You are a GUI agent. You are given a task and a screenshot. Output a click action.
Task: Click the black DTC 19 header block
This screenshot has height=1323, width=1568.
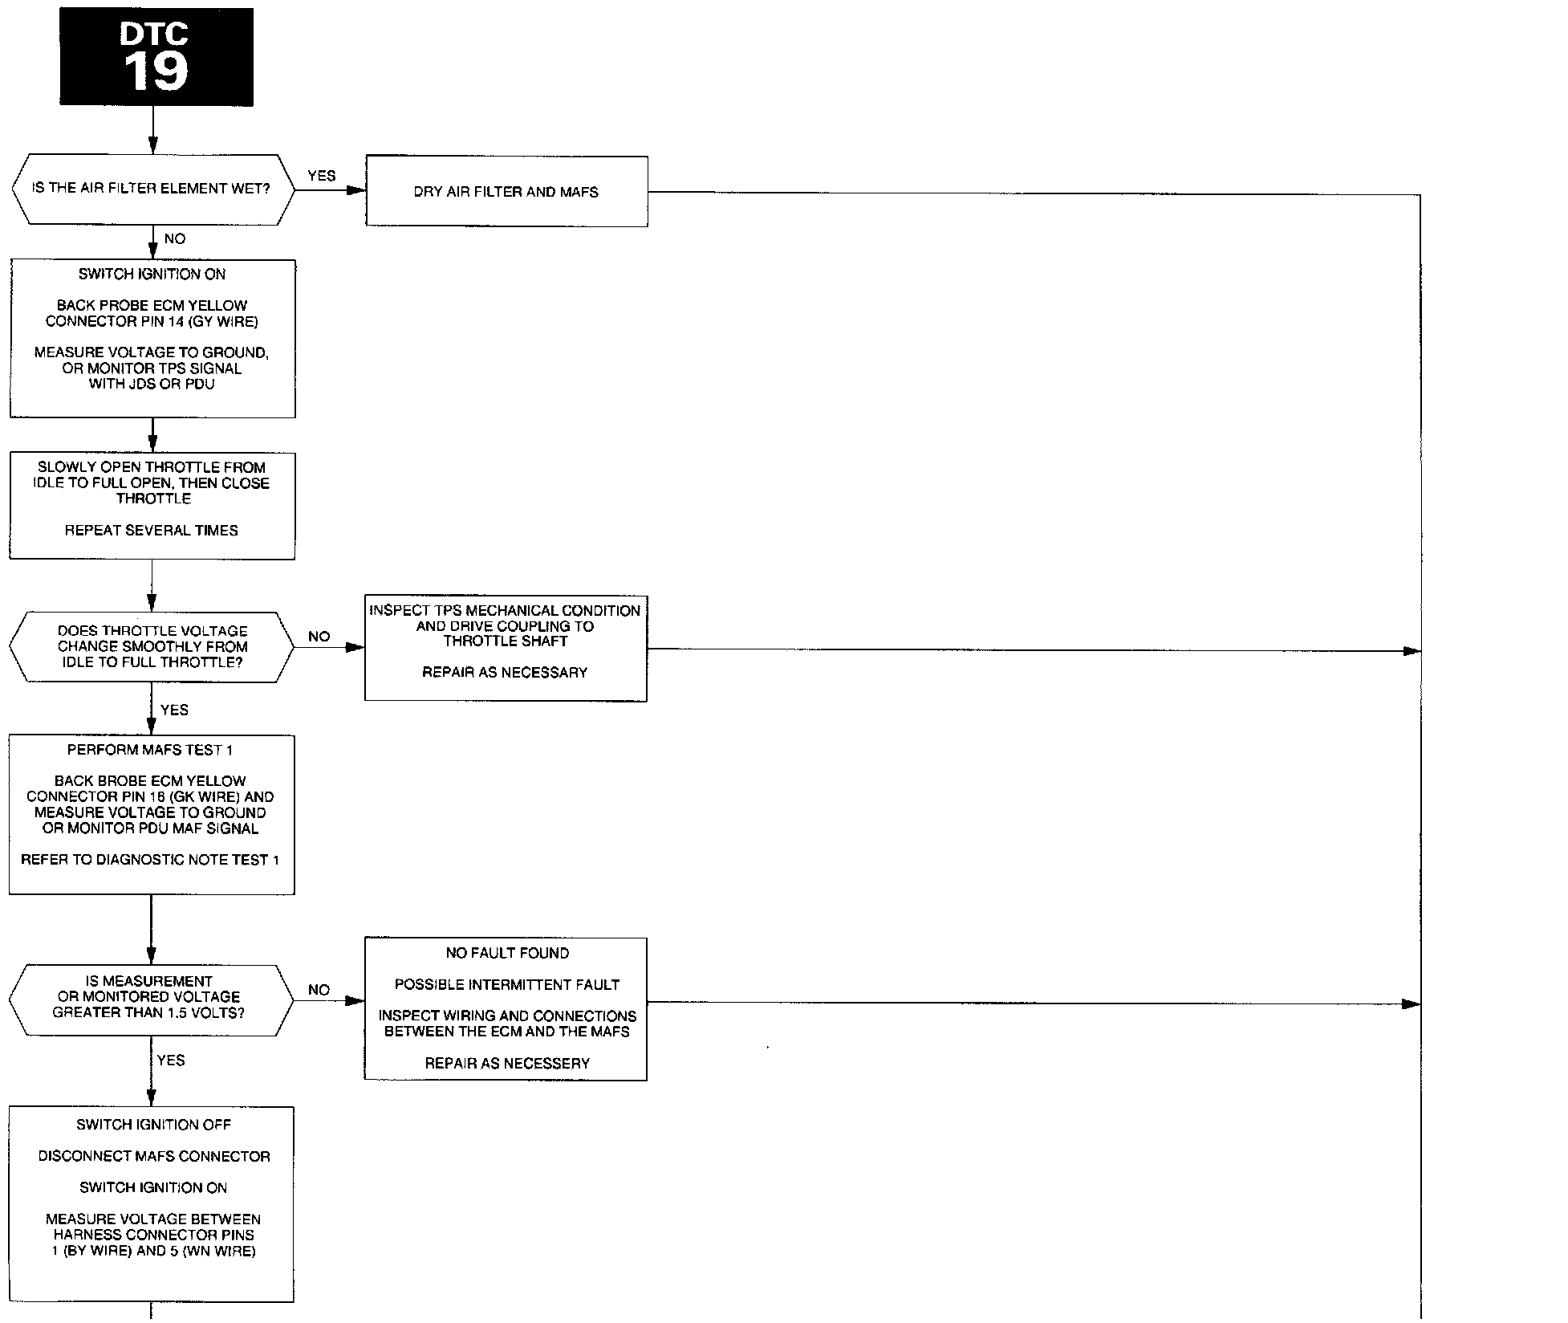[x=156, y=57]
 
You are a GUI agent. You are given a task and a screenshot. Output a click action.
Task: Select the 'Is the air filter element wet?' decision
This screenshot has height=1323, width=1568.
[x=152, y=189]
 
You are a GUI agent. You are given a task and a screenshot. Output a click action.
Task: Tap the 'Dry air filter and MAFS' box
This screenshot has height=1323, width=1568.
[x=506, y=192]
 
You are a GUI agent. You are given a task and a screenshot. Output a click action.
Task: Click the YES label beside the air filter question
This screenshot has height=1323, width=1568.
[x=321, y=176]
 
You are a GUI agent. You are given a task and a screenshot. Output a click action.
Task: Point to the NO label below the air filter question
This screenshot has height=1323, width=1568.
[x=174, y=238]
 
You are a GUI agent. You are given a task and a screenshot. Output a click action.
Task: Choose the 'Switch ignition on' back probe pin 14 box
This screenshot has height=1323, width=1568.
[x=152, y=338]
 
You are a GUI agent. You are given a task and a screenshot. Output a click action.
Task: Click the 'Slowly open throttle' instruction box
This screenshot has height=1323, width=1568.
[x=152, y=506]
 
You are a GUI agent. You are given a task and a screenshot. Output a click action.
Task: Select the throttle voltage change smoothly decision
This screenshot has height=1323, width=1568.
[x=152, y=647]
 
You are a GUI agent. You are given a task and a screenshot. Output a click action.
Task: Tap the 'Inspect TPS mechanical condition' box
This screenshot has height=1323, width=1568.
[x=506, y=648]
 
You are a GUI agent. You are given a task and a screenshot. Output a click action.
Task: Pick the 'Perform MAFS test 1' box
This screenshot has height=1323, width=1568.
[x=152, y=814]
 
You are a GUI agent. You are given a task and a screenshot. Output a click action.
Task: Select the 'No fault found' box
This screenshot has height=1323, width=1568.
[x=506, y=1008]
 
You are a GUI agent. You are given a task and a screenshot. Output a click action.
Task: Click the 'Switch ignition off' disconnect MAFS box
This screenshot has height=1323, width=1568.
[x=152, y=1204]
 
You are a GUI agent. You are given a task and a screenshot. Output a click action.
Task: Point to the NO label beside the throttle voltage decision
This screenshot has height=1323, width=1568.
[x=319, y=637]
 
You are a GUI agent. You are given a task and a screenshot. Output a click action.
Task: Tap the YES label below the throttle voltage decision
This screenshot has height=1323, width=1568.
[x=174, y=710]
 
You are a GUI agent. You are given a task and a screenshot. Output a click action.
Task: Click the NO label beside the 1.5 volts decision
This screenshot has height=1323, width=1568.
[x=319, y=990]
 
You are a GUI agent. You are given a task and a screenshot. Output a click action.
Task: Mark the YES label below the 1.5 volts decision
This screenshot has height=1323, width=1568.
[x=171, y=1060]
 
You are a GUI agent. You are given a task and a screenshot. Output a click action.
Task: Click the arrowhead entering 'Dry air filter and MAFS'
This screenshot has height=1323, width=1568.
[x=357, y=191]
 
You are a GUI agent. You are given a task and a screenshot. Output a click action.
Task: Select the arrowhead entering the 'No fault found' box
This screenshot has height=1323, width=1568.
[x=355, y=1001]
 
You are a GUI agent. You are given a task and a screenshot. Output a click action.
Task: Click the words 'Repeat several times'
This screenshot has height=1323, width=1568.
[x=152, y=531]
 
